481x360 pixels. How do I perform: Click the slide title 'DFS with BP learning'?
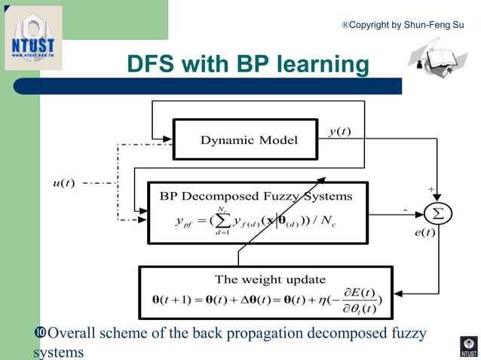click(x=247, y=65)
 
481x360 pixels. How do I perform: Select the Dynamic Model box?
click(x=249, y=140)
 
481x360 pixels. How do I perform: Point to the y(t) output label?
click(x=340, y=132)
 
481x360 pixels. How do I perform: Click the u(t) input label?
click(x=63, y=183)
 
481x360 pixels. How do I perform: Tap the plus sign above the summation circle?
click(x=431, y=190)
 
